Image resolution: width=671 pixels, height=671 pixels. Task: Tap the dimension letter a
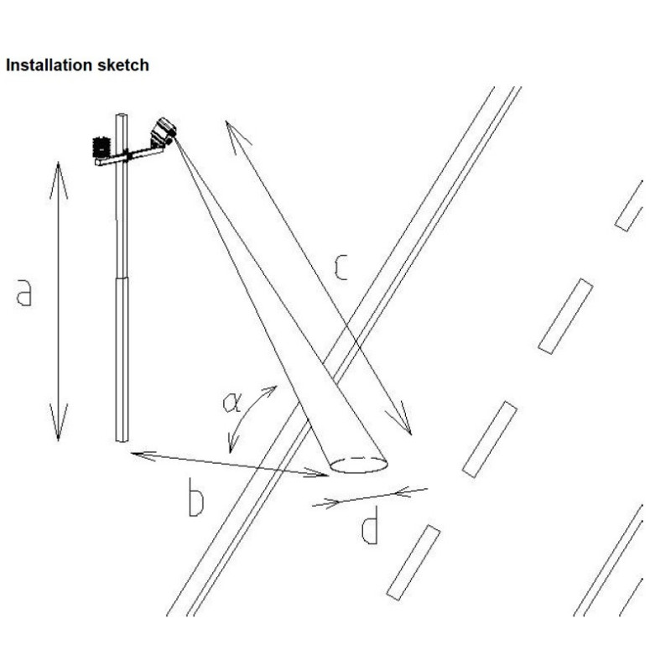(24, 293)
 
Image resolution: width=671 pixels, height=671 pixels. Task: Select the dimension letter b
(195, 501)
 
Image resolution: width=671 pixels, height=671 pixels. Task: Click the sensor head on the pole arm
(163, 131)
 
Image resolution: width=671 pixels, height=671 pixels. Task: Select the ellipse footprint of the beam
(358, 464)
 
